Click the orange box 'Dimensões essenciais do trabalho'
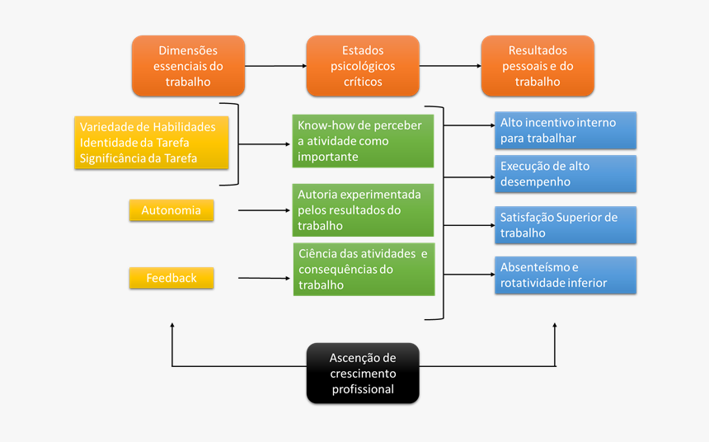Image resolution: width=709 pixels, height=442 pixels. tap(188, 66)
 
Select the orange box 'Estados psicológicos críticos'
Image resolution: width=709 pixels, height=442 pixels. tap(363, 66)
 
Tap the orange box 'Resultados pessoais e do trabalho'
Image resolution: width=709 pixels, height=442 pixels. tap(538, 66)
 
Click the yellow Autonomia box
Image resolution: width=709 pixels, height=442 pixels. tap(171, 210)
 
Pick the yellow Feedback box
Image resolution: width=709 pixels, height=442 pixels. tap(171, 278)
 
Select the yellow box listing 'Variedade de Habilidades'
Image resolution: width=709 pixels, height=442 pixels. tap(152, 143)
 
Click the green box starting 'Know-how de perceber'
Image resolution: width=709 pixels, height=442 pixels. tap(363, 141)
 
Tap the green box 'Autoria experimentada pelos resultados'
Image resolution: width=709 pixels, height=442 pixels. tap(363, 210)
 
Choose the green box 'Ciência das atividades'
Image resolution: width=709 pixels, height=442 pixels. tap(363, 269)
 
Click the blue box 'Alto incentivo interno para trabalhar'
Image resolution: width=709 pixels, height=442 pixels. tap(566, 130)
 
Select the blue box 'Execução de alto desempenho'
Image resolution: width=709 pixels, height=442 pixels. tap(566, 173)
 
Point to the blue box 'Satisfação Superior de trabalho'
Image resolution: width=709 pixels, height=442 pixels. tap(566, 225)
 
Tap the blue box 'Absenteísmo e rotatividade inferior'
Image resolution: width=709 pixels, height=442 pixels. tap(566, 275)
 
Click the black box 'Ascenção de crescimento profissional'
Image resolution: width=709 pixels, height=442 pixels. tap(363, 373)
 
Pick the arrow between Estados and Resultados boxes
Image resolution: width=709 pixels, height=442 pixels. tap(449, 66)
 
